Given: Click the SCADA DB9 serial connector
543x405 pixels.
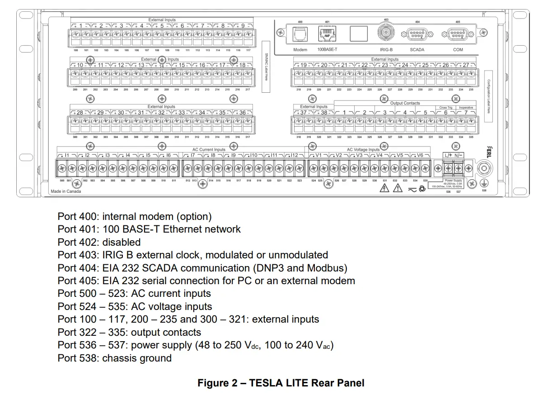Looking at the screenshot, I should point(417,34).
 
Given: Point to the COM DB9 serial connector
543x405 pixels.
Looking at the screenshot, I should point(458,34).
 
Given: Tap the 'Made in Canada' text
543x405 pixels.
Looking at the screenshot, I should point(66,191).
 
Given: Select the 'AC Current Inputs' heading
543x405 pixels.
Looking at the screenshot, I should point(206,149).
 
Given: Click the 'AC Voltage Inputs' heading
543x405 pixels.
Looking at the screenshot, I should point(363,149).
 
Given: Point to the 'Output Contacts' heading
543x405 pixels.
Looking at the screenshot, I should point(405,103).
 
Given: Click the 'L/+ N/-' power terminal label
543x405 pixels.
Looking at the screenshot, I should point(452,155).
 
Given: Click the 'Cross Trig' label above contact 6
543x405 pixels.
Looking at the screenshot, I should point(446,108).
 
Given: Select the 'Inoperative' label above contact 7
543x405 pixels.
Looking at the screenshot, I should point(466,108).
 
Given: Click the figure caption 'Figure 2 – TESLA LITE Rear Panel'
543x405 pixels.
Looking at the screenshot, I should point(281,383).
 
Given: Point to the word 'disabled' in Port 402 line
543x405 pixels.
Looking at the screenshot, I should point(121,242).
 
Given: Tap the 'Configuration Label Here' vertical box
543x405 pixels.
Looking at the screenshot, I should point(488,96).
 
